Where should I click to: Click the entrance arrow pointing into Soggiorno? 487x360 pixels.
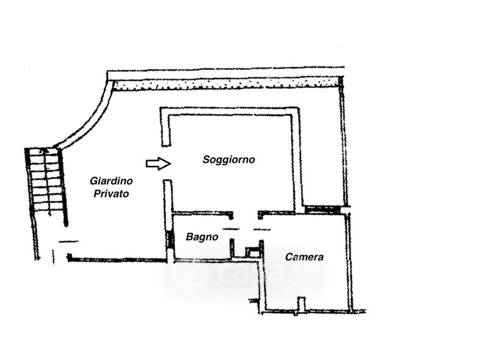[158, 163]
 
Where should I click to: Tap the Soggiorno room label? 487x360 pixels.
[228, 160]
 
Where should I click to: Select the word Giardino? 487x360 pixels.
[111, 181]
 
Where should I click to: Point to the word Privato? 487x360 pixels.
[111, 194]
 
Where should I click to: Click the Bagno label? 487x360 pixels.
[202, 237]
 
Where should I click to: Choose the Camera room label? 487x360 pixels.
[304, 257]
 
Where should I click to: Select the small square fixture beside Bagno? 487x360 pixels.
[251, 251]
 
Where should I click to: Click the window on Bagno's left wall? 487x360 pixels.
[170, 238]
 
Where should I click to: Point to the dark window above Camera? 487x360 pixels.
[322, 210]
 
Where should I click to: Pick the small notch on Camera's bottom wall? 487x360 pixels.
[300, 304]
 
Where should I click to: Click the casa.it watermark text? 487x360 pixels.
[243, 274]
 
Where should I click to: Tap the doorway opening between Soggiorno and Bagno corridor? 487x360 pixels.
[246, 214]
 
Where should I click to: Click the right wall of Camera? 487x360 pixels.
[349, 262]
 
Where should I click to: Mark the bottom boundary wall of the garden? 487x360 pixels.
[116, 260]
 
